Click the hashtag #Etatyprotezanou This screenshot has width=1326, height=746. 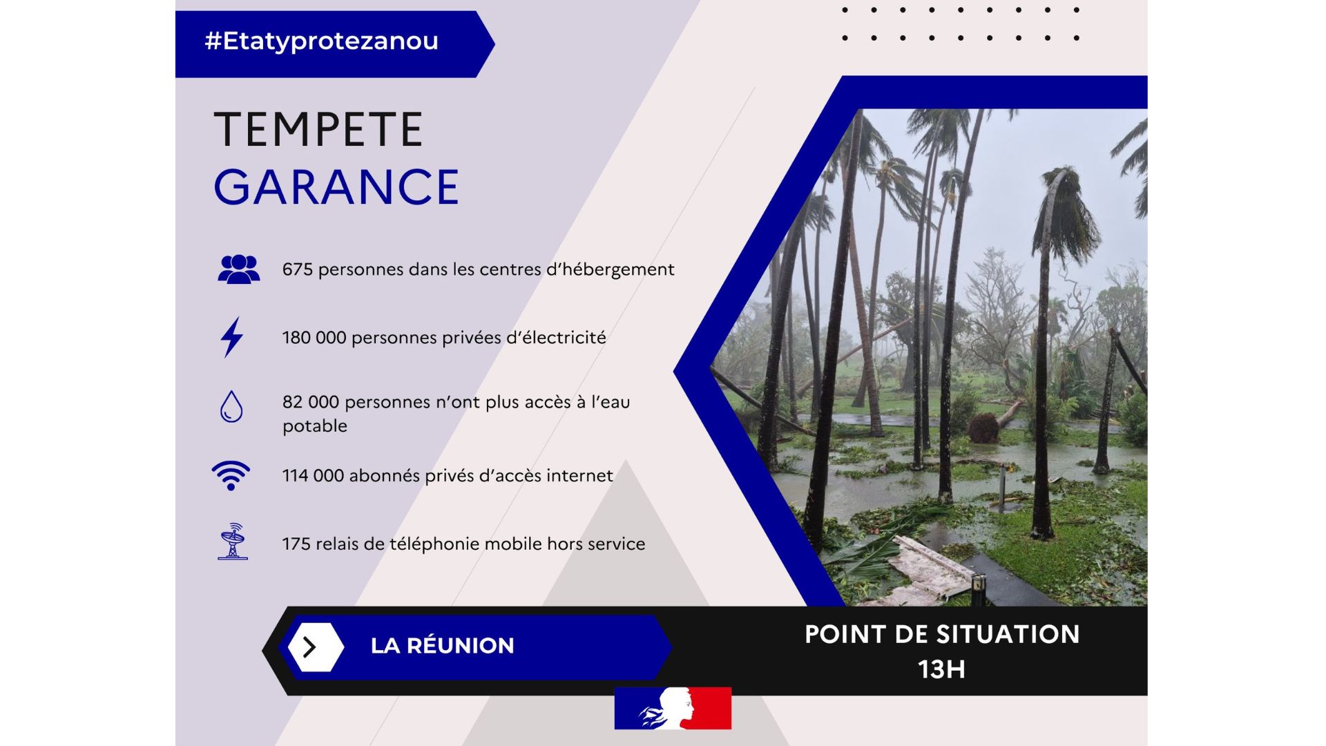(321, 41)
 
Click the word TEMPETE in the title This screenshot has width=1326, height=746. (318, 130)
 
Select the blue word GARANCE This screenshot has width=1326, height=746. (336, 186)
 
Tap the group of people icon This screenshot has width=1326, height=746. (239, 269)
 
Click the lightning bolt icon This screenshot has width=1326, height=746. (232, 337)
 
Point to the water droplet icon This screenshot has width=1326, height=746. (231, 406)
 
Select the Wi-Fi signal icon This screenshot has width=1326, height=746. (231, 475)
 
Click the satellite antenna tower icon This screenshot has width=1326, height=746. (233, 541)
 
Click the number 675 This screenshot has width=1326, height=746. (298, 269)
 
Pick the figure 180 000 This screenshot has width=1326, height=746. (314, 338)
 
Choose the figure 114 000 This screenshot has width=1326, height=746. (314, 476)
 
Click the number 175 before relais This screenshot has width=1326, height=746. (296, 544)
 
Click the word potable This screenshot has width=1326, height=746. (315, 426)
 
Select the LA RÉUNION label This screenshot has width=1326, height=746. (443, 646)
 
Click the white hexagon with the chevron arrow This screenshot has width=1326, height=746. (316, 647)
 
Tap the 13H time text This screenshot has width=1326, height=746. (941, 669)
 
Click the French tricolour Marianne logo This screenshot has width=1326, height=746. (673, 708)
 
